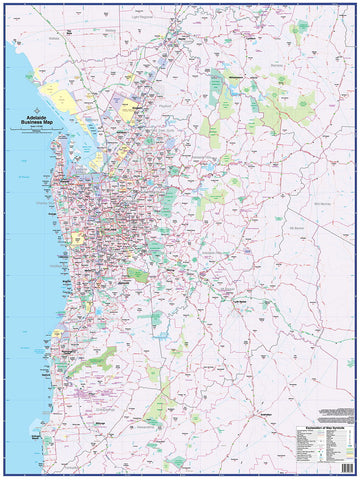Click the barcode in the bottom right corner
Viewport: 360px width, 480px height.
point(347,461)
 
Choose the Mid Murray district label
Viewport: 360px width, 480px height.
point(321,201)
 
